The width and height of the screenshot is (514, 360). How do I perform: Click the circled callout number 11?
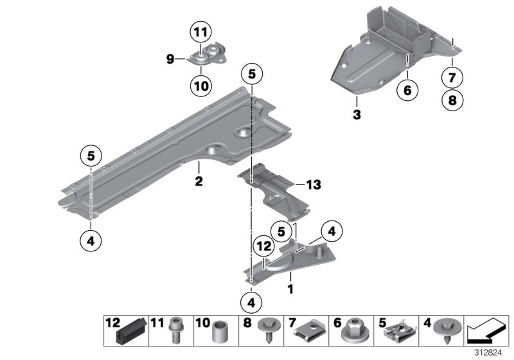click(200, 32)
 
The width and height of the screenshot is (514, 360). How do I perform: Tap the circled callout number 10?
click(200, 84)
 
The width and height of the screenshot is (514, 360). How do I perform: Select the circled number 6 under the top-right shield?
click(407, 91)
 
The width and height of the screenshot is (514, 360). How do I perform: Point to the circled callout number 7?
click(452, 78)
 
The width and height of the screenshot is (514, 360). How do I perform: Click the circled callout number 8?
click(452, 100)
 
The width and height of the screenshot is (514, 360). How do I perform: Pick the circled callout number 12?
click(263, 245)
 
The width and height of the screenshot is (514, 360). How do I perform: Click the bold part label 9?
click(170, 60)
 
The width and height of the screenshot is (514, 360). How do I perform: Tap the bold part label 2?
click(199, 182)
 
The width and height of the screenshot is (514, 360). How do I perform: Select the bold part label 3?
click(357, 116)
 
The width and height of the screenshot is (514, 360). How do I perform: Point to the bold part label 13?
click(313, 185)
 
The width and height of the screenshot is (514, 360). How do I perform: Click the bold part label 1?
click(290, 289)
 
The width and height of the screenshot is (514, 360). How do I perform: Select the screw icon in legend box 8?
click(265, 329)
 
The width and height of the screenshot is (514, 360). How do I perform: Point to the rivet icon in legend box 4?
click(443, 329)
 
